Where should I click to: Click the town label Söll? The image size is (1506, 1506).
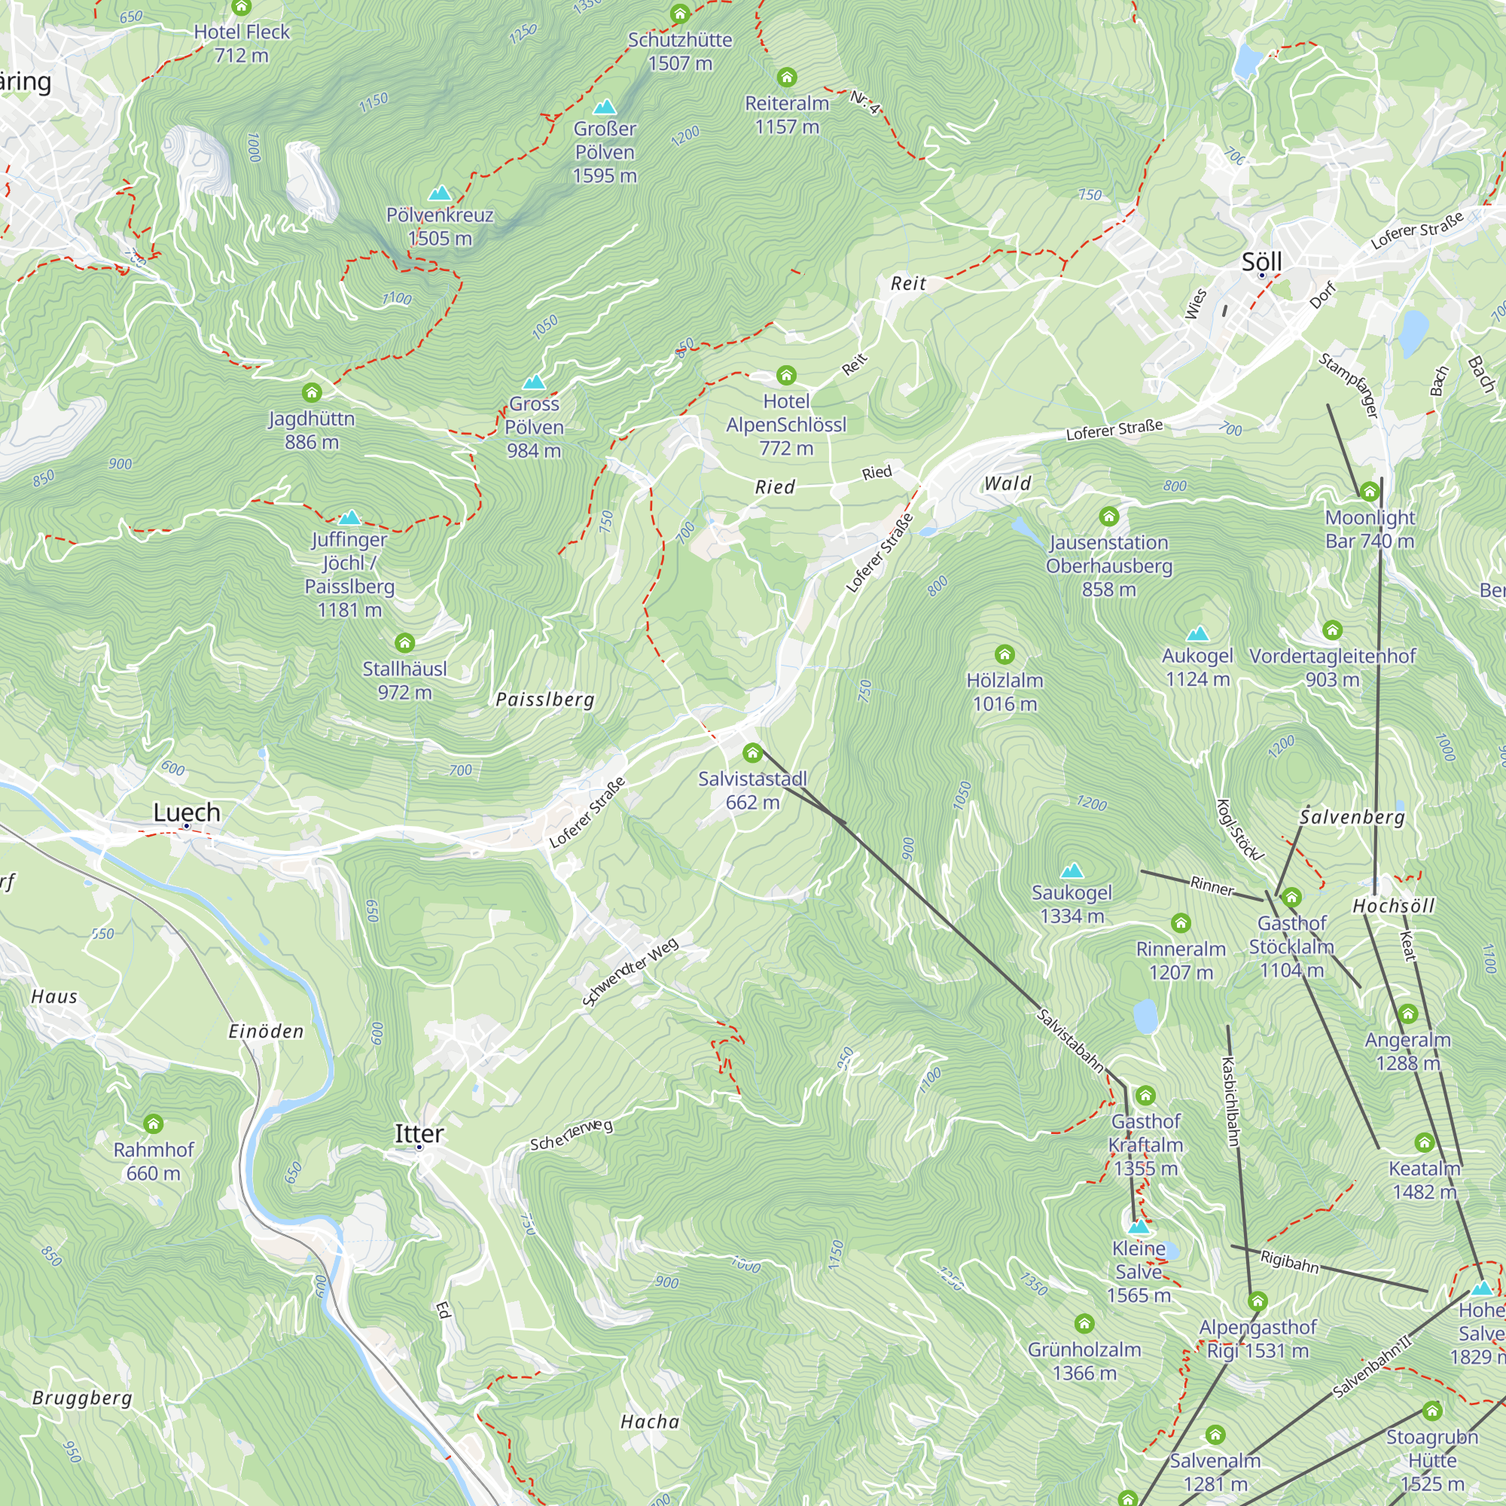coord(1261,261)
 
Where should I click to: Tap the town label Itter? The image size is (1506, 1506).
coord(419,1133)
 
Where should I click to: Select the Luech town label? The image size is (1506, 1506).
coord(186,812)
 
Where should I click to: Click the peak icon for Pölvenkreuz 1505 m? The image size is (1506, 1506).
coord(440,193)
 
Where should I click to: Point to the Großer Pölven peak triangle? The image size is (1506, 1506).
coord(604,107)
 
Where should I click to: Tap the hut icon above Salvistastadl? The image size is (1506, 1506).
coord(752,753)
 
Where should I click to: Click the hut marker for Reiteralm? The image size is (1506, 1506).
coord(787,77)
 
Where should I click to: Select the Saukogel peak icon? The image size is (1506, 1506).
coord(1072,870)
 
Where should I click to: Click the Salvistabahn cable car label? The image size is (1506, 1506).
coord(1069,1041)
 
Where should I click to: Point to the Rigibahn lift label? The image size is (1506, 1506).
coord(1289,1262)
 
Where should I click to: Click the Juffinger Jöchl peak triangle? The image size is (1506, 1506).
coord(350,517)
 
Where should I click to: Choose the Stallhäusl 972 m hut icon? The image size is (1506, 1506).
coord(404,643)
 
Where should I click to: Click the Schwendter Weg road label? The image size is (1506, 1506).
coord(630,972)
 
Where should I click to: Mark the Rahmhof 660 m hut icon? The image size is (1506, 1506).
coord(154,1124)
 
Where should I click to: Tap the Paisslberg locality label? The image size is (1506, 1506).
coord(545,700)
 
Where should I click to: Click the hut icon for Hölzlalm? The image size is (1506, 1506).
coord(1004,654)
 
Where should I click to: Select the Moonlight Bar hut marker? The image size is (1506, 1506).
coord(1370,491)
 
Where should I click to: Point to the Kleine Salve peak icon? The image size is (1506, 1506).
coord(1139,1226)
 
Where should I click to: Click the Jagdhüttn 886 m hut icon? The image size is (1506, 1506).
coord(312,392)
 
